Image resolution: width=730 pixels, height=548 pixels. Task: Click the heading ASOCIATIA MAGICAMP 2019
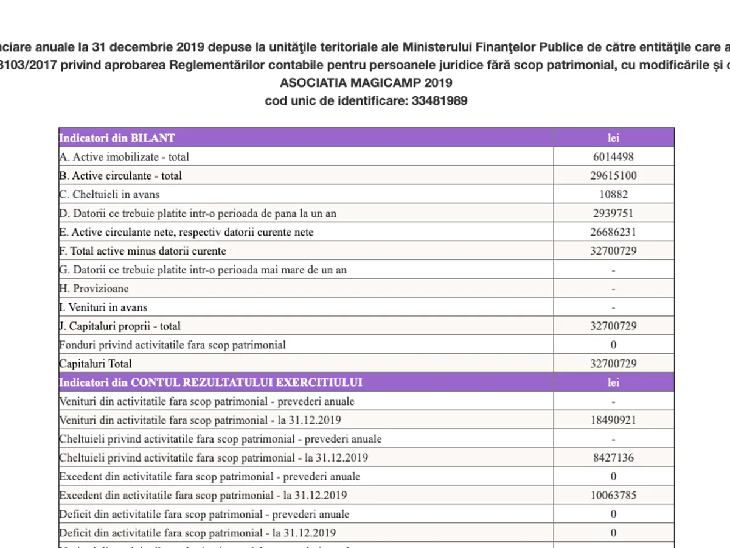pyautogui.click(x=366, y=83)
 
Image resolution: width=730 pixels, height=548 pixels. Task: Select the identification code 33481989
pyautogui.click(x=439, y=101)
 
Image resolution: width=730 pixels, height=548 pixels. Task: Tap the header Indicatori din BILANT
pyautogui.click(x=117, y=138)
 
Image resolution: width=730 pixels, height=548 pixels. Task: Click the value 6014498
pyautogui.click(x=613, y=156)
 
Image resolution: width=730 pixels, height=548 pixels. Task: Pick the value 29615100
pyautogui.click(x=613, y=175)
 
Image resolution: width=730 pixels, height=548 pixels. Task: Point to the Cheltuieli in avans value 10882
pyautogui.click(x=613, y=194)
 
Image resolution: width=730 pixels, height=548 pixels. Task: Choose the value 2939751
pyautogui.click(x=613, y=213)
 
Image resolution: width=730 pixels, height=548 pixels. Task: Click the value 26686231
pyautogui.click(x=613, y=232)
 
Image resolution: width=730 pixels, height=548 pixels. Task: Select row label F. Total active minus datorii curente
pyautogui.click(x=142, y=251)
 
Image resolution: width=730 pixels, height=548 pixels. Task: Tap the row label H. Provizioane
pyautogui.click(x=94, y=289)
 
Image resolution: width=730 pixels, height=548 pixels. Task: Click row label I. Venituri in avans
pyautogui.click(x=103, y=307)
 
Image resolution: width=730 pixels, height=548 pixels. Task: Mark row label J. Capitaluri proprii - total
pyautogui.click(x=120, y=326)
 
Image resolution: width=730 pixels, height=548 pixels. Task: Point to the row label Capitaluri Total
pyautogui.click(x=95, y=364)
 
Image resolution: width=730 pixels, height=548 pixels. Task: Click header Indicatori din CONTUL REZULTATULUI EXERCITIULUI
pyautogui.click(x=210, y=382)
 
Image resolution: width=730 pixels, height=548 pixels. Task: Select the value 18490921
pyautogui.click(x=613, y=420)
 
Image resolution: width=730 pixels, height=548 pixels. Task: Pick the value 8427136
pyautogui.click(x=613, y=458)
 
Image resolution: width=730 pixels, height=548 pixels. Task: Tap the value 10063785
pyautogui.click(x=613, y=496)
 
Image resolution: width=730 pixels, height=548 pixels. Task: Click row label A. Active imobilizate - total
pyautogui.click(x=124, y=156)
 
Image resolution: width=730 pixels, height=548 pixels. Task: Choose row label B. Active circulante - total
pyautogui.click(x=120, y=175)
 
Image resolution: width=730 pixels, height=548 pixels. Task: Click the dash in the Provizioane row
pyautogui.click(x=613, y=289)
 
